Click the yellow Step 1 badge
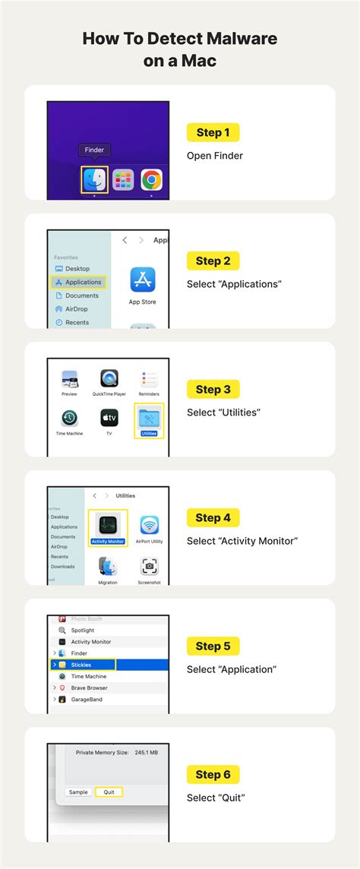[x=213, y=133]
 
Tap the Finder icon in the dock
[x=95, y=180]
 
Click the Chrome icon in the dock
[x=151, y=180]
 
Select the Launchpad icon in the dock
[x=123, y=180]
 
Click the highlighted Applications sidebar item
[x=79, y=282]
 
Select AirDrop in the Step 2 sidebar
[x=77, y=309]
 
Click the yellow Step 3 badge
[x=213, y=390]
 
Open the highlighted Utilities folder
[x=148, y=419]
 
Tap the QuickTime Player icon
[x=109, y=379]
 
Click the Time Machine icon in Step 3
[x=69, y=419]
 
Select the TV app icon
[x=109, y=419]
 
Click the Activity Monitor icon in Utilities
[x=108, y=526]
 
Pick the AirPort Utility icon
[x=150, y=526]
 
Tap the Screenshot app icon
[x=150, y=567]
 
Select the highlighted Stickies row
[x=84, y=665]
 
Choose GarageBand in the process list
[x=86, y=699]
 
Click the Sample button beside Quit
[x=78, y=792]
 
